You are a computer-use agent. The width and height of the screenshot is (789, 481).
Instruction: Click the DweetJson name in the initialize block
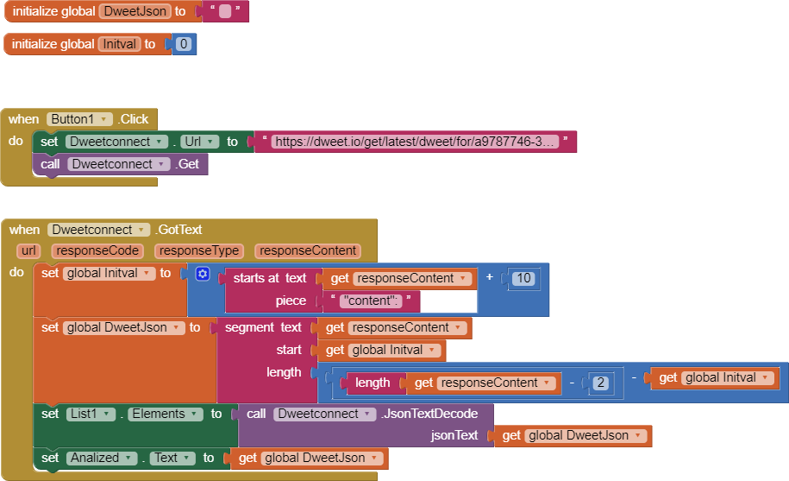point(135,11)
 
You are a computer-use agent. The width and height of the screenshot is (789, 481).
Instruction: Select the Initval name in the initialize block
point(119,44)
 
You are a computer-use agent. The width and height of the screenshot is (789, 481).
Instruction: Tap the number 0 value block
point(184,44)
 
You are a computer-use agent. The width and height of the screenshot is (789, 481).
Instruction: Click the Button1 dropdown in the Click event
point(79,119)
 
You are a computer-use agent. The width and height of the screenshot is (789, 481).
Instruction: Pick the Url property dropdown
point(200,142)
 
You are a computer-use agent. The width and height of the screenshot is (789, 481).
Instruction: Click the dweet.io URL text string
point(415,142)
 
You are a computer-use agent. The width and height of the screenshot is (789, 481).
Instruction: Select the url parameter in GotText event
point(28,250)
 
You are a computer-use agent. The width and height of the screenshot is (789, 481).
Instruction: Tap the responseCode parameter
point(97,250)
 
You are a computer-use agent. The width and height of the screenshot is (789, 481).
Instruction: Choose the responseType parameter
point(199,250)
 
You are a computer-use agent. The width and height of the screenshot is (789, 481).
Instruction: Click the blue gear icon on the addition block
point(203,274)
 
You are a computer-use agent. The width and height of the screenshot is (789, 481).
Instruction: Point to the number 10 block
point(523,278)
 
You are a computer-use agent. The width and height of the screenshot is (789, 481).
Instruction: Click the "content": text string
point(371,301)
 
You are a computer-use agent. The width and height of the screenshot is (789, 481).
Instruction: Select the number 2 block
point(600,383)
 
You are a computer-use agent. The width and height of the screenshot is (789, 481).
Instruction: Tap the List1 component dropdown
point(91,414)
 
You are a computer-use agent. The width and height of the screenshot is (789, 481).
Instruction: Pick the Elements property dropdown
point(165,414)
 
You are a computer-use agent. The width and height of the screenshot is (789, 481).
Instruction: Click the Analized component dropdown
point(102,458)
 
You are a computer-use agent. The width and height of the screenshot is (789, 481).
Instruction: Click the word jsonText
point(454,435)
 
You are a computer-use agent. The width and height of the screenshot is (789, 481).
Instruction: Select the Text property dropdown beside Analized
point(172,458)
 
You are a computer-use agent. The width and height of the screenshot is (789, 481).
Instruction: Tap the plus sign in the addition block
point(489,277)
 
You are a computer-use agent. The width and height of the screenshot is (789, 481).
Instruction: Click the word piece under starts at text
point(291,301)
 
